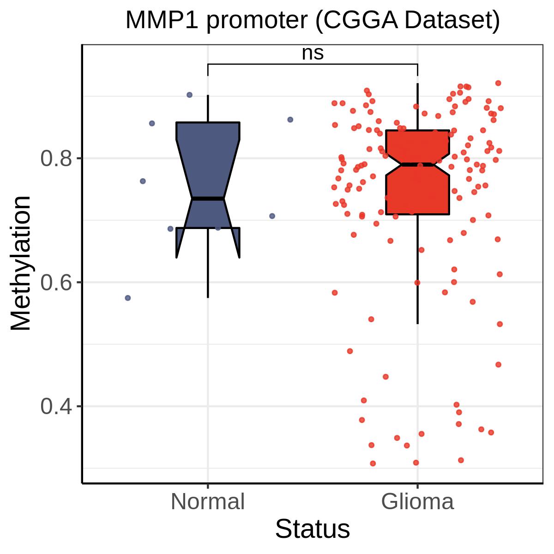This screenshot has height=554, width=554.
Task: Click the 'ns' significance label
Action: (x=313, y=54)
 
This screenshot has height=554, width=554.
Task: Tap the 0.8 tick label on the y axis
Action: (x=56, y=158)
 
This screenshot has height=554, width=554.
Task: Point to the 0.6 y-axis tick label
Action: (x=56, y=283)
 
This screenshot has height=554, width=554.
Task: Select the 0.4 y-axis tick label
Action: (x=56, y=407)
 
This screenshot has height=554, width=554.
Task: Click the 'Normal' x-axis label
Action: (x=208, y=502)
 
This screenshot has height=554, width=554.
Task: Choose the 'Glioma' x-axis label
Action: (x=417, y=502)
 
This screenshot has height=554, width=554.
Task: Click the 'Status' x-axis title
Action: (x=313, y=529)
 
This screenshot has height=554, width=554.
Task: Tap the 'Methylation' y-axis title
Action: (x=21, y=263)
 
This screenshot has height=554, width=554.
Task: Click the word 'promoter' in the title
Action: (x=257, y=21)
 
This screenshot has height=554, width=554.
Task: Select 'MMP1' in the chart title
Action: (x=162, y=20)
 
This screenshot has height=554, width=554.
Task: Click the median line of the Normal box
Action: (x=208, y=199)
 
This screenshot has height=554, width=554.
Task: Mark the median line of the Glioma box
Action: (x=417, y=164)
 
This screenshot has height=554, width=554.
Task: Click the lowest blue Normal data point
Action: (x=128, y=298)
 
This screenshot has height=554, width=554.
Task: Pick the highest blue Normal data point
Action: (x=189, y=95)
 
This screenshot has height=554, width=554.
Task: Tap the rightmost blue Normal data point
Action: (x=290, y=120)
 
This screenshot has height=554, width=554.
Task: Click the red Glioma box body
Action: (x=417, y=190)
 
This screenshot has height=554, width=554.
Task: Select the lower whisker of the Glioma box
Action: (x=417, y=269)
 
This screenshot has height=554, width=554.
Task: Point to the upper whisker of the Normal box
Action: (x=208, y=108)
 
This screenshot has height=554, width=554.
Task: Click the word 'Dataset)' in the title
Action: (x=452, y=21)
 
